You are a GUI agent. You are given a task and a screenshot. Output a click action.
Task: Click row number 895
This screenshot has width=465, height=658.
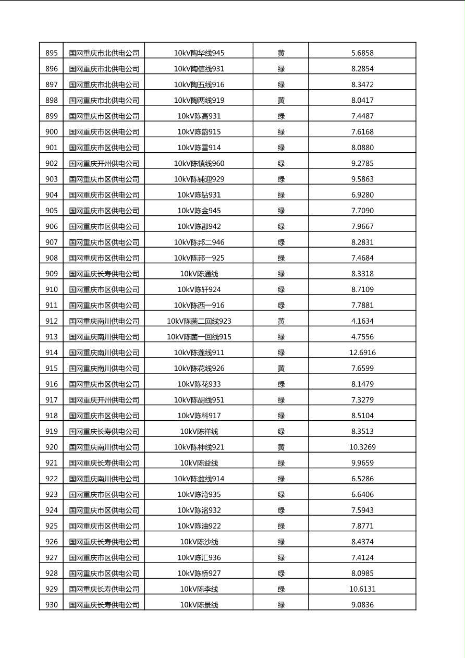[52, 53]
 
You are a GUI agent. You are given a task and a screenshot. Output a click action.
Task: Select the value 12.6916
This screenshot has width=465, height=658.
[362, 352]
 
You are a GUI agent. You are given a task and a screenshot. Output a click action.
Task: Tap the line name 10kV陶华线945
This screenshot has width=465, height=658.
[199, 53]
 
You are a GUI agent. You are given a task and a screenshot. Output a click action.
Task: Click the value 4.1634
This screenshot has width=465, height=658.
[362, 321]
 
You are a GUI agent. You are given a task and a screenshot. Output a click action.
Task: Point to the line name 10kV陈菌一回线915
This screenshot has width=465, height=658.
[199, 337]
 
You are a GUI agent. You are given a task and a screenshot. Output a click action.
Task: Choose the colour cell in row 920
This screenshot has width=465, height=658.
[281, 447]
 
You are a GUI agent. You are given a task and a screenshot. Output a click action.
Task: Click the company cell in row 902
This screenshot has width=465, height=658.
[104, 163]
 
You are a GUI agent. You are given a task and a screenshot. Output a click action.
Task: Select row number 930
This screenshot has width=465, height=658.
[52, 605]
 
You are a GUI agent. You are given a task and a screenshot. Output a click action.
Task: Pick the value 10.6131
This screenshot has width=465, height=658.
[362, 589]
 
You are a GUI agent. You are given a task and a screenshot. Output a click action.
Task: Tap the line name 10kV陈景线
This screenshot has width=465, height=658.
[199, 605]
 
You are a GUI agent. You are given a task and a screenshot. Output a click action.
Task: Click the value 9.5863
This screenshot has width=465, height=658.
[362, 179]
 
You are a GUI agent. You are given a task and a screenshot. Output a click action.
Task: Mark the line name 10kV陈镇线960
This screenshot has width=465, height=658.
[199, 163]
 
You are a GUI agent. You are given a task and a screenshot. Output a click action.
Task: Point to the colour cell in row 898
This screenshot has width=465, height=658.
[281, 100]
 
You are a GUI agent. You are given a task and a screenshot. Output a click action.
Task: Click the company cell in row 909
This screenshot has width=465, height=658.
[104, 274]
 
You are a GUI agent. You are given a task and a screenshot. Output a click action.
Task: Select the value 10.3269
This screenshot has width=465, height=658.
[362, 447]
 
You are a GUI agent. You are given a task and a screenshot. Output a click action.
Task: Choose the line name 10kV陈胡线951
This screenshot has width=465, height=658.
[199, 400]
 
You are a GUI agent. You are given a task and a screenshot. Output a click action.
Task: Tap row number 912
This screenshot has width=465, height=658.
[52, 321]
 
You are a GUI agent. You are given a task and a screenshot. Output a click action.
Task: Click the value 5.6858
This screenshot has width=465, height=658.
[362, 53]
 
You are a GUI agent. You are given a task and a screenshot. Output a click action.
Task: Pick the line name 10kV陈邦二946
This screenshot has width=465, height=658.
[199, 242]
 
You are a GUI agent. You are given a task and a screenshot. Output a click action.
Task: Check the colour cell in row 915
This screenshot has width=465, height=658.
[281, 368]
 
